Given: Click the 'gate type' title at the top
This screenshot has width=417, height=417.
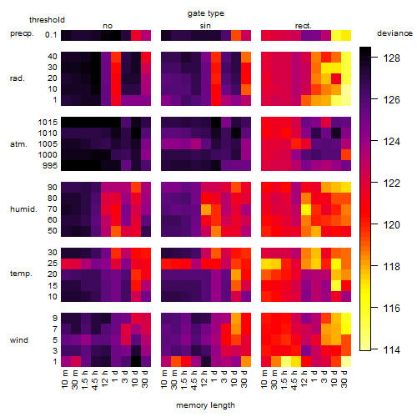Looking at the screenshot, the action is pos(206,13).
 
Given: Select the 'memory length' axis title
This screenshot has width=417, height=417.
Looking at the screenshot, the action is pos(205,405).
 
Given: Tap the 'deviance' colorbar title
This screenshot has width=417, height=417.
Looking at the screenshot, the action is pos(394,33).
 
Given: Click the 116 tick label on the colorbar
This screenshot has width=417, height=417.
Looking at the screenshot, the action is pos(391,308).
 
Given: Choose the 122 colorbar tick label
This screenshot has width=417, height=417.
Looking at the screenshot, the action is pos(391,183).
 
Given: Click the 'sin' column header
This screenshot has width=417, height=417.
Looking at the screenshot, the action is pos(205,26).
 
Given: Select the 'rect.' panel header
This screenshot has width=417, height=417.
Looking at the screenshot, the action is pos(303,26).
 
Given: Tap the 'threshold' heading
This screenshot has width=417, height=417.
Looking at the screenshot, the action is pos(47,20).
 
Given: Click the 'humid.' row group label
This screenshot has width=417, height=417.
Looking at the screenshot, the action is pos(23,209).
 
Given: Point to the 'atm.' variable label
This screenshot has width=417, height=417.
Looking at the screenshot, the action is pos(18,144).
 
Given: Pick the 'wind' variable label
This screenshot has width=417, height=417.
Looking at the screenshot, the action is pos(19,340).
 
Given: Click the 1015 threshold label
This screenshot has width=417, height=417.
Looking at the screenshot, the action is pos(48,123).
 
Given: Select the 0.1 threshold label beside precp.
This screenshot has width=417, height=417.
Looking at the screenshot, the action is pos(51,35).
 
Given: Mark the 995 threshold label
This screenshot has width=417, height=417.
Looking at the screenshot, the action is pos(50,166).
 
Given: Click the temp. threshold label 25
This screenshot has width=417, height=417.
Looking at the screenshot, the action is pos(53,264).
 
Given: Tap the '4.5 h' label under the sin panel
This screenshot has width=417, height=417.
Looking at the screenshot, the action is pos(193,379).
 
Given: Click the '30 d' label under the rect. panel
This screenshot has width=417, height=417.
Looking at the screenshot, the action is pos(344,379).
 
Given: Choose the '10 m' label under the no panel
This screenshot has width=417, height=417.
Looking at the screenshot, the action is pos(64,379).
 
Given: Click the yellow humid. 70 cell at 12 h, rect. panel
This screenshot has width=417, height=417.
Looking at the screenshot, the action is pos(306,209).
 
